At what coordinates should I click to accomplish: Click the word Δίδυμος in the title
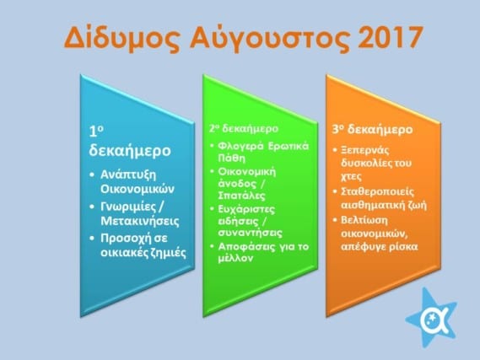121,38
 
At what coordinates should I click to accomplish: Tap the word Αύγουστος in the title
269,38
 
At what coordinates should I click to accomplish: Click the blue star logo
431,318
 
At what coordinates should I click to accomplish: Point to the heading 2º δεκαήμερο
244,128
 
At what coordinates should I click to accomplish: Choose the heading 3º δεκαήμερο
373,129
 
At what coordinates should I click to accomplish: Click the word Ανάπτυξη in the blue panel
128,175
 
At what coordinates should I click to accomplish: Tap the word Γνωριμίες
128,207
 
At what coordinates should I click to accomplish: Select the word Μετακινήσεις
140,221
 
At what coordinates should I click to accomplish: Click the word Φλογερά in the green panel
240,146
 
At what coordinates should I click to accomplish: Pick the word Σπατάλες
241,196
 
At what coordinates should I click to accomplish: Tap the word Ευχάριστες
246,210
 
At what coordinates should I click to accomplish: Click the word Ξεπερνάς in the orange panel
365,151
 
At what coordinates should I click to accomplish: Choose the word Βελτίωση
364,221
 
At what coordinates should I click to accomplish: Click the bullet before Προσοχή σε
92,239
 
